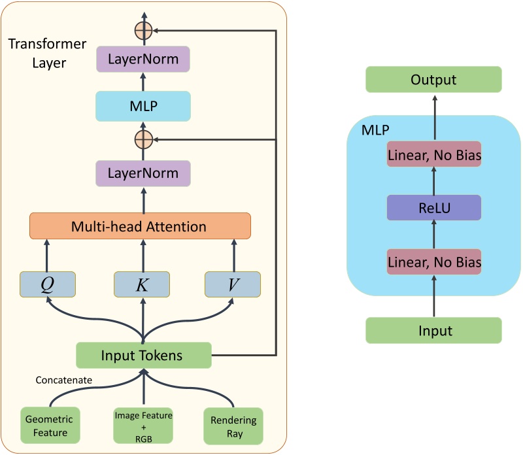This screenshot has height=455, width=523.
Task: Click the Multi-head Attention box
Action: pos(140,226)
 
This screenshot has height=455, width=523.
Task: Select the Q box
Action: pos(48,284)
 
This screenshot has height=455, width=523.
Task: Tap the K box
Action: pos(142,284)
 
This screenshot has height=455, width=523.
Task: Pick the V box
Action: pos(233,284)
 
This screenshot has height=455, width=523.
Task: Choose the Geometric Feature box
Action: pos(49,425)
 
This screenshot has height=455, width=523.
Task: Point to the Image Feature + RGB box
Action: pos(143,425)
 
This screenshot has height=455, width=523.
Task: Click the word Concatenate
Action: pos(63,380)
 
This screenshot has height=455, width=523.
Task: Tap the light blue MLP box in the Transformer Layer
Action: pos(143,106)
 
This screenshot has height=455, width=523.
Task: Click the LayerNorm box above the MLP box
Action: pos(143,59)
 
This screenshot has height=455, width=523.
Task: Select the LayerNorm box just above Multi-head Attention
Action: pos(143,174)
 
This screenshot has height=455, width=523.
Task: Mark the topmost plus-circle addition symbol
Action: pos(143,30)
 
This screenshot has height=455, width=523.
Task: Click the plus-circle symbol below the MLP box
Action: pos(143,139)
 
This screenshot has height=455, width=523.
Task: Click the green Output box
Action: pos(433,80)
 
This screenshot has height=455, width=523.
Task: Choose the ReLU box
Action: pos(433,207)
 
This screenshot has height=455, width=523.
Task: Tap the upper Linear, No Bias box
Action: pos(433,154)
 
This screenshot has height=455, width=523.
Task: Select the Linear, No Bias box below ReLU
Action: pos(433,262)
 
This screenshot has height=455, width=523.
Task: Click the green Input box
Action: pos(433,330)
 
